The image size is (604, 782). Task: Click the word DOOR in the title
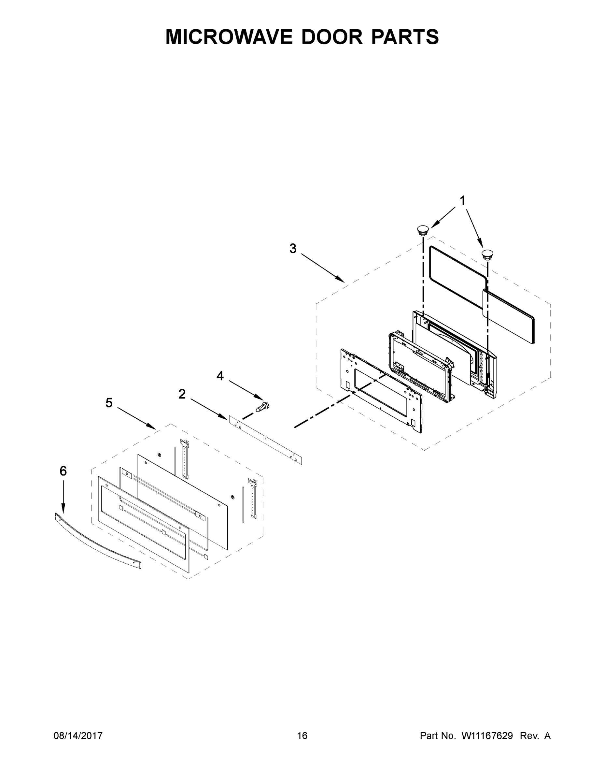tap(332, 37)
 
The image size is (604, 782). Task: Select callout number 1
tap(462, 201)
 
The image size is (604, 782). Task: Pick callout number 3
tap(293, 249)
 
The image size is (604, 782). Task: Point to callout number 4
tap(220, 376)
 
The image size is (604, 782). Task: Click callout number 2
tap(182, 394)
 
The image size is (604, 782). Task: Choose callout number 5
tap(109, 403)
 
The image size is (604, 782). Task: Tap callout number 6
tap(63, 471)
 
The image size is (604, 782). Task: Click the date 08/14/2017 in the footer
tap(78, 735)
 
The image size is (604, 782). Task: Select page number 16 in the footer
tap(302, 735)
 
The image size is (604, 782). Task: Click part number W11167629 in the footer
tap(487, 735)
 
